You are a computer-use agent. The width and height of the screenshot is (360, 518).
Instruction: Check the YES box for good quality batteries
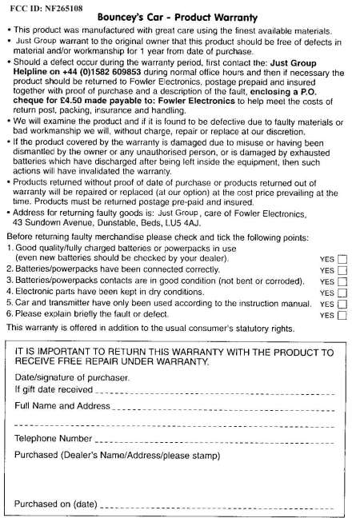click(343, 260)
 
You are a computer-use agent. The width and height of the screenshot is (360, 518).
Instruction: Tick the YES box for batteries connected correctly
click(343, 271)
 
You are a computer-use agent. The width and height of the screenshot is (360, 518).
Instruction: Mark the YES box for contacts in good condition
click(343, 282)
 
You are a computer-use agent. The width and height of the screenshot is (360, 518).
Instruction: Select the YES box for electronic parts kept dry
click(343, 293)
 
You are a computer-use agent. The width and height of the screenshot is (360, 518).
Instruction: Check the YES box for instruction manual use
click(343, 305)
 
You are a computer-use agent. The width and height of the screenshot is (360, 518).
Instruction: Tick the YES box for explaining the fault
click(343, 316)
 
